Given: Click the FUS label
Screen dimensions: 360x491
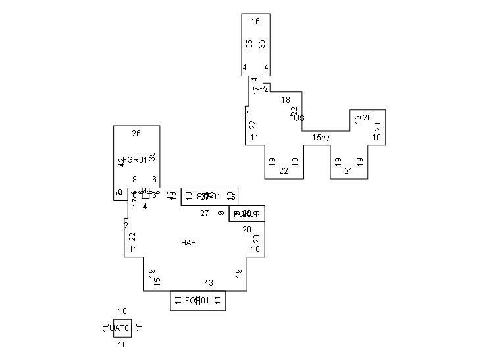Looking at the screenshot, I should [296, 118].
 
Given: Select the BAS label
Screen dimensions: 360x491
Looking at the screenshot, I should [188, 243].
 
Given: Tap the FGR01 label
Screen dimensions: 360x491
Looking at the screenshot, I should [135, 160].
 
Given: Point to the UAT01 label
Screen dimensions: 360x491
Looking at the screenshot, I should [122, 328].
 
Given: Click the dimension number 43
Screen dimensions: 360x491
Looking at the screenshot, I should [209, 283].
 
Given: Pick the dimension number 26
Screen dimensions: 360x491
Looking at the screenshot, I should [136, 134].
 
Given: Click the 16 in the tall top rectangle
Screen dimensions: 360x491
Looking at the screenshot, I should [255, 22].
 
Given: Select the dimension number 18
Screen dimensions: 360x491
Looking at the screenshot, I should [286, 100].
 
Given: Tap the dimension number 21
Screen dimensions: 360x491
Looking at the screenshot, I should [349, 171].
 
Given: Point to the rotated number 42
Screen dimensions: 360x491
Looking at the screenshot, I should [122, 162].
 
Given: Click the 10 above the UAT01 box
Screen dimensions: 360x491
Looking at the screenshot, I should [122, 311].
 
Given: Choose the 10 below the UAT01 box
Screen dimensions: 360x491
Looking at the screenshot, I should [122, 344].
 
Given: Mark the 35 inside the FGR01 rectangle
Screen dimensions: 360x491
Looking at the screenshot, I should [152, 157].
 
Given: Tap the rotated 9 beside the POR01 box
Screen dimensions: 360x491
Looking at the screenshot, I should [221, 213].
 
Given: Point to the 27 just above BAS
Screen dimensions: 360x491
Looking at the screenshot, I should [205, 213].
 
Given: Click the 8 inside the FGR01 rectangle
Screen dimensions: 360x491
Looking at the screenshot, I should [134, 179].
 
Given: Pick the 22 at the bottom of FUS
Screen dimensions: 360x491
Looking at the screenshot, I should [284, 171].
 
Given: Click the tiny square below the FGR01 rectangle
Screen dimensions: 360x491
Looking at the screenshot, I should [145, 195].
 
